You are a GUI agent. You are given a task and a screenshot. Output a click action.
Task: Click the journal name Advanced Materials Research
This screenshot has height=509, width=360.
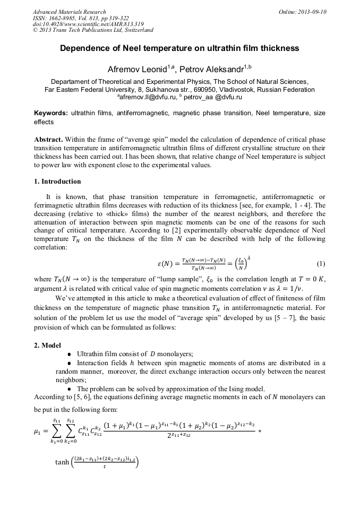point(70,12)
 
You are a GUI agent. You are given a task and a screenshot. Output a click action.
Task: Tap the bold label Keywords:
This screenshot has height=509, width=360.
point(51,113)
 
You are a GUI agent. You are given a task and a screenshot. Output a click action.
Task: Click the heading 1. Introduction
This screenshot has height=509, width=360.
point(57,182)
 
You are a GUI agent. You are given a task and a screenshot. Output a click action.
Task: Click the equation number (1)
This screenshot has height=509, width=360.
point(320,264)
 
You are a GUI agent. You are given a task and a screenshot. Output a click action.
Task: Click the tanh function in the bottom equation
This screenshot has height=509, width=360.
point(62,462)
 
